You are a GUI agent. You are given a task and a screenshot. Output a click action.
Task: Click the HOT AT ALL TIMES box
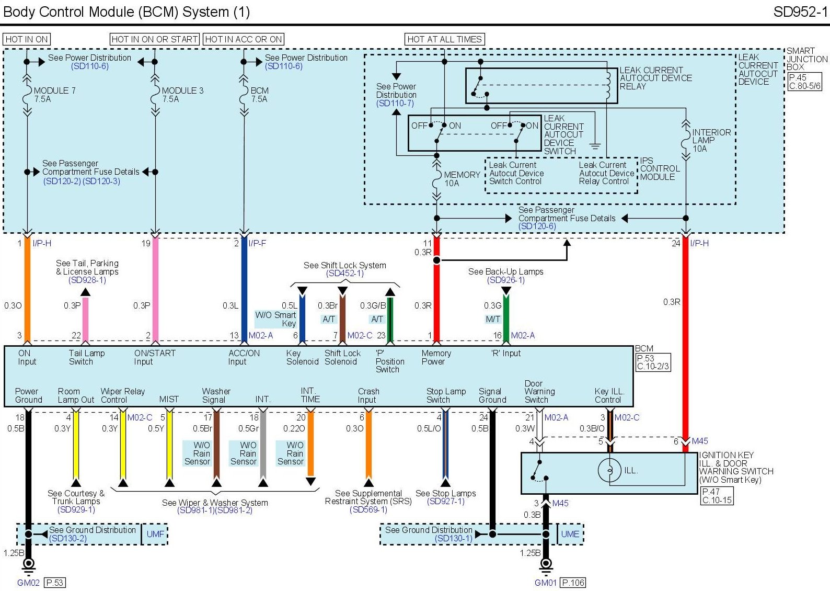tap(444, 39)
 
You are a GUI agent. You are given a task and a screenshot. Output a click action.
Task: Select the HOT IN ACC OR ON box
tap(244, 39)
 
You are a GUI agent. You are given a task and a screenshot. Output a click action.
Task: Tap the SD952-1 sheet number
tap(800, 12)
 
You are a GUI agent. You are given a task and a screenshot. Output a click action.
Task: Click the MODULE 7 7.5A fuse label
tap(54, 95)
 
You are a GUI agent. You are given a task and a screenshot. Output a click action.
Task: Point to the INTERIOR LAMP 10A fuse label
tap(711, 140)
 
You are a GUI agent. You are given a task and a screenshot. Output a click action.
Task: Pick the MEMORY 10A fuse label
tap(462, 179)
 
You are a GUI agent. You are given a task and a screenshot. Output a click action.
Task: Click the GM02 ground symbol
tap(29, 564)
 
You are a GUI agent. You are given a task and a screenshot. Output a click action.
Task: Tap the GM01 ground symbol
tap(546, 564)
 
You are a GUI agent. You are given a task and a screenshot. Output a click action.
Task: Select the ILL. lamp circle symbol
tap(609, 470)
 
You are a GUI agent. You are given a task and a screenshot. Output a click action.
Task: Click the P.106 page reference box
tap(573, 583)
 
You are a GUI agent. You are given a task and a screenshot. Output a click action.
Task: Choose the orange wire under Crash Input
tap(368, 445)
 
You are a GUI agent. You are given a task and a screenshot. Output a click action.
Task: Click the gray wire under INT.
tap(263, 445)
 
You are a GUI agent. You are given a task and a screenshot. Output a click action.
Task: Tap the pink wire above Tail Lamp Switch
tap(85, 319)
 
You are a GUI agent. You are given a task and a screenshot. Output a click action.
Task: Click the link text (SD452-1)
tap(345, 274)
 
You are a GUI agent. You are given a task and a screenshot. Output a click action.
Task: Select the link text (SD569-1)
tap(368, 509)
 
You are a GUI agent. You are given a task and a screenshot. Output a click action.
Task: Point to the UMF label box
tap(155, 534)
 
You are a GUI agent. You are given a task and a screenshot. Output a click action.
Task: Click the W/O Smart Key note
tap(275, 319)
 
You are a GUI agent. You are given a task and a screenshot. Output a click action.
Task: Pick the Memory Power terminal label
tap(436, 357)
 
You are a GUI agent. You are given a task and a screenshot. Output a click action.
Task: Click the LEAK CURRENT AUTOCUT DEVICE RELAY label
tap(655, 78)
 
